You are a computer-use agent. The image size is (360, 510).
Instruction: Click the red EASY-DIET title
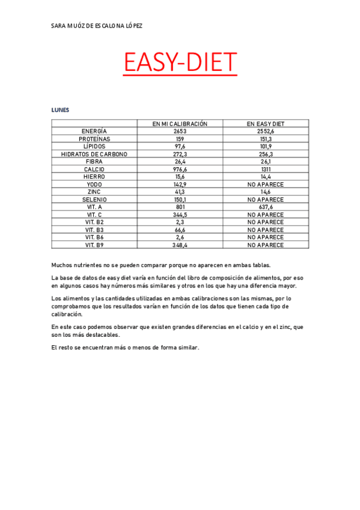point(180,63)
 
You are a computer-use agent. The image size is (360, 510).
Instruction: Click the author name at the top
point(97,26)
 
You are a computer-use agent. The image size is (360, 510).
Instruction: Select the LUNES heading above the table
point(60,110)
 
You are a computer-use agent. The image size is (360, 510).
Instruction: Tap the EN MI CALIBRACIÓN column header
point(180,123)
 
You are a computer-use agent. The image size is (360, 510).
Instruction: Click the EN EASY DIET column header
point(265,123)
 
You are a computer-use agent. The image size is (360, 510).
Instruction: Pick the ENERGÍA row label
point(94,131)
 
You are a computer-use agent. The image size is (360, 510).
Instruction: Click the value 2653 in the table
point(180,131)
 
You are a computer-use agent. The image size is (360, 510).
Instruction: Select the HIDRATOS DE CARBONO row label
point(94,154)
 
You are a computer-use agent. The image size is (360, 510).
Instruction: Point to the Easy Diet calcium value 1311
point(265,169)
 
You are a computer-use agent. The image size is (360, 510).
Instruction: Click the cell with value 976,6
point(180,169)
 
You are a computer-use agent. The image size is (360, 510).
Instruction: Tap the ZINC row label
point(94,192)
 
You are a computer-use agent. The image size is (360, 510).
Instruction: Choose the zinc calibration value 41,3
point(180,192)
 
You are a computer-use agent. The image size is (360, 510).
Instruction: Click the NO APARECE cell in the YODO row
point(265,184)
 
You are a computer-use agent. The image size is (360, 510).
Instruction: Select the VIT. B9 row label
point(94,245)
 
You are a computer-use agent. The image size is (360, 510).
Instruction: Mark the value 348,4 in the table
point(180,245)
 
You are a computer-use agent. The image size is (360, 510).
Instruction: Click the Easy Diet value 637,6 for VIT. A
point(265,207)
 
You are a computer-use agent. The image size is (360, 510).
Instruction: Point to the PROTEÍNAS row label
point(94,138)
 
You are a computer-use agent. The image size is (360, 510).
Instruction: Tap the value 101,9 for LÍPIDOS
point(265,146)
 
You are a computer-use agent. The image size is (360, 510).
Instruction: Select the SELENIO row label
point(94,200)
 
